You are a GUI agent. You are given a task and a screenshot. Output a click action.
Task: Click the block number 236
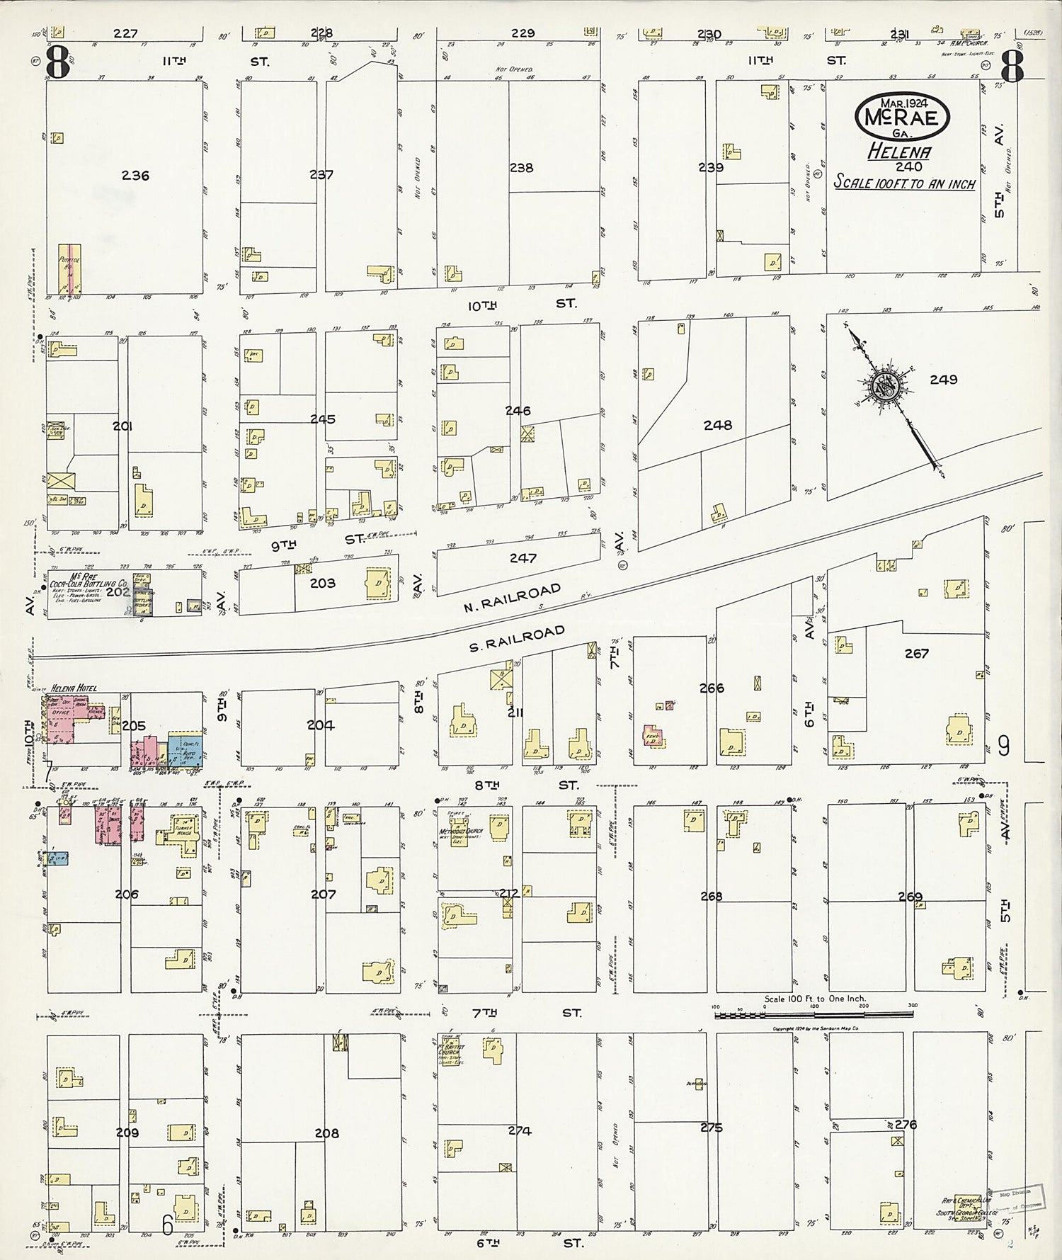[135, 176]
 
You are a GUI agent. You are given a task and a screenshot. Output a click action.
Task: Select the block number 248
[717, 425]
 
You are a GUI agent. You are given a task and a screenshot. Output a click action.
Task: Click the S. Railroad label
[518, 639]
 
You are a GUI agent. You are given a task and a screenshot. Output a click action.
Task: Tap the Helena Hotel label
[74, 688]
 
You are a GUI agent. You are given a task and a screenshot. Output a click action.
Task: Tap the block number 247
[523, 558]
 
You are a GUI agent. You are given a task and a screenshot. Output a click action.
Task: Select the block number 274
[519, 1131]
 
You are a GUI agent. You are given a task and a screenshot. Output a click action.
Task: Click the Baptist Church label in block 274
[450, 1052]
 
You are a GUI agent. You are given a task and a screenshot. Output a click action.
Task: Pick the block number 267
[916, 653]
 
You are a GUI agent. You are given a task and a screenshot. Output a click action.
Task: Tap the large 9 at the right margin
[1003, 746]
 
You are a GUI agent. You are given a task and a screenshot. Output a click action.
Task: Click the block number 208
[326, 1133]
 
